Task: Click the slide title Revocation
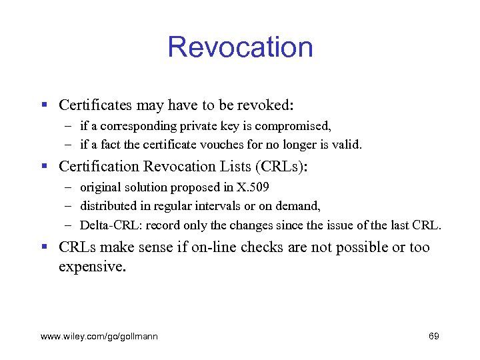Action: tap(240, 47)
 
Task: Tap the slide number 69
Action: tap(433, 337)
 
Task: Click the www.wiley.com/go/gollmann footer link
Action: tap(99, 337)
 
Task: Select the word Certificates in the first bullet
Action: tap(95, 105)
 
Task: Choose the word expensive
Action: tap(91, 267)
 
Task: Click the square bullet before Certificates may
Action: tap(44, 105)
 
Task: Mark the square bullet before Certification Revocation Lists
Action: tap(44, 167)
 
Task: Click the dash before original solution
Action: tap(69, 187)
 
